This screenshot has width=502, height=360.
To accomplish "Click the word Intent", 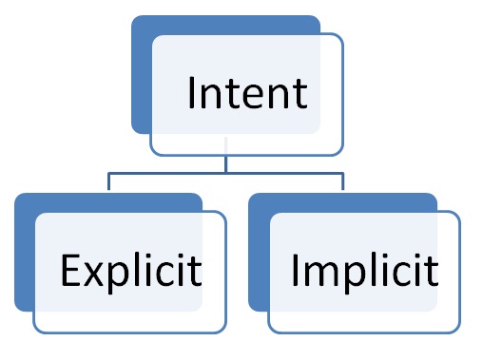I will [247, 93].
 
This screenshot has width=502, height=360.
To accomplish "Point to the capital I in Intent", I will [192, 93].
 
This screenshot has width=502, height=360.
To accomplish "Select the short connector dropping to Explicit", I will [108, 182].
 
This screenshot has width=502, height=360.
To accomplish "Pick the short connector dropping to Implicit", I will [342, 182].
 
